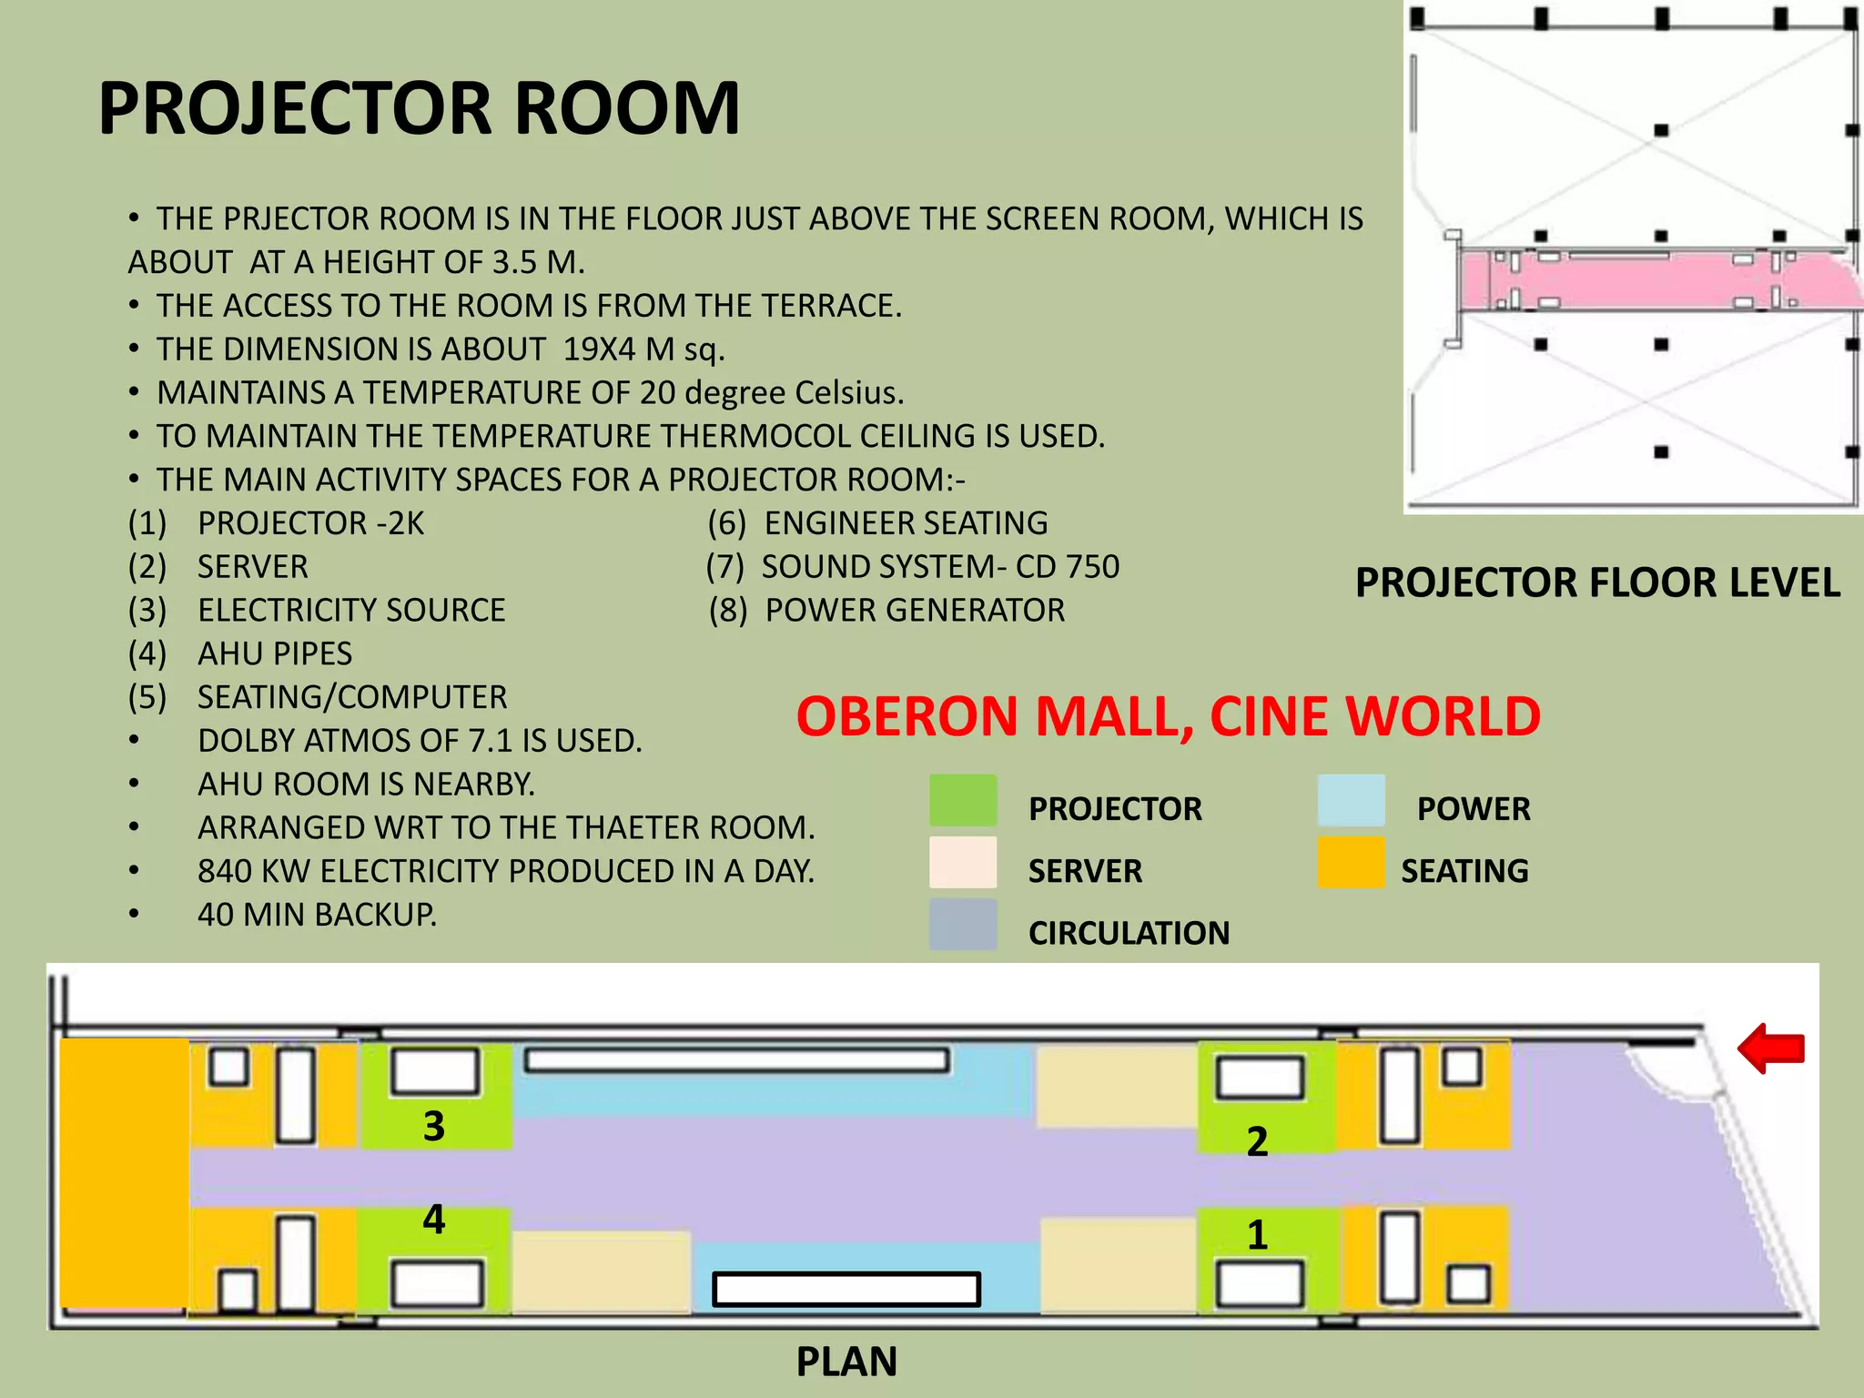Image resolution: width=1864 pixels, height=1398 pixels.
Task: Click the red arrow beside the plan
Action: pyautogui.click(x=1771, y=1048)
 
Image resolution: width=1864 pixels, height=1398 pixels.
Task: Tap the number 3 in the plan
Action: pyautogui.click(x=434, y=1127)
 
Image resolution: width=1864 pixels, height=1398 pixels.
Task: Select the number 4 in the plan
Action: pyautogui.click(x=434, y=1220)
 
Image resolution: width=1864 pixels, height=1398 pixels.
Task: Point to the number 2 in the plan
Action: pyautogui.click(x=1257, y=1141)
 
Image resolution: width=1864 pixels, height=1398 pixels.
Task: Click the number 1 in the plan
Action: pyautogui.click(x=1257, y=1235)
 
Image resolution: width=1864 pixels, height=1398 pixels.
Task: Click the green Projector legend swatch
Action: pyautogui.click(x=963, y=800)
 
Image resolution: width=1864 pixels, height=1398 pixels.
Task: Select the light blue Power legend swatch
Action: pyautogui.click(x=1352, y=800)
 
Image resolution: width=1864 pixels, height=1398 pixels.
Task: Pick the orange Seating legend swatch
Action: pyautogui.click(x=1352, y=862)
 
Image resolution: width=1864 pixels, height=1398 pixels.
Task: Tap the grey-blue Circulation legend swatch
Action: pyautogui.click(x=963, y=925)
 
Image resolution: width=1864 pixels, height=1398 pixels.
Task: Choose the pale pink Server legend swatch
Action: pyautogui.click(x=963, y=862)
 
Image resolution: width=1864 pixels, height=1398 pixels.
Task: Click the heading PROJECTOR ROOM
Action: pyautogui.click(x=419, y=108)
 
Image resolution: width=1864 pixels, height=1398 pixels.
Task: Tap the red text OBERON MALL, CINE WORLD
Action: pyautogui.click(x=1169, y=716)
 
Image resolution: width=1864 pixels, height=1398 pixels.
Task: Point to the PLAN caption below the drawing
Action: pyautogui.click(x=846, y=1362)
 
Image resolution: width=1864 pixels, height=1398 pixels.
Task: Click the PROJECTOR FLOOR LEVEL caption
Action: pyautogui.click(x=1597, y=582)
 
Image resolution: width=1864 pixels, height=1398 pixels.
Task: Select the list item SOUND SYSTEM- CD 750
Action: pyautogui.click(x=913, y=566)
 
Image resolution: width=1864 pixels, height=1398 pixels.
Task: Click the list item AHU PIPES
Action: pyautogui.click(x=240, y=653)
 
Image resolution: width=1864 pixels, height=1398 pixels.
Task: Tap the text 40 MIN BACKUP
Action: pyautogui.click(x=317, y=914)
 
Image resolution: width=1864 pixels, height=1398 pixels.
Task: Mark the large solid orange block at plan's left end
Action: pyautogui.click(x=125, y=1173)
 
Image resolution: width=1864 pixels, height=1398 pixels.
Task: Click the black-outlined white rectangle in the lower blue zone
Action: pyautogui.click(x=846, y=1289)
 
